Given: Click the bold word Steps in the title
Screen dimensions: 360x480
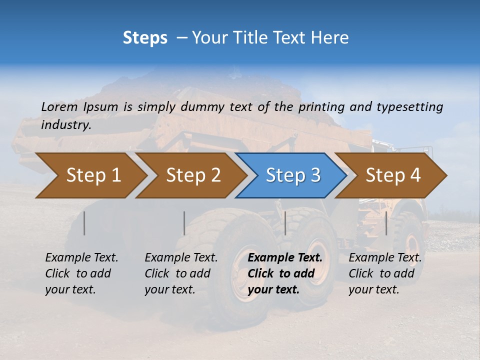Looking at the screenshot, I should coord(145,37).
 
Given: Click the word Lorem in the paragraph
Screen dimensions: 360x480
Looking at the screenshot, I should coord(59,107).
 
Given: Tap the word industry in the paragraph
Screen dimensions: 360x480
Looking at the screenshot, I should coord(65,125).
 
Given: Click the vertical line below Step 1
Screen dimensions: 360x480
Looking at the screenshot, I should coord(84,223).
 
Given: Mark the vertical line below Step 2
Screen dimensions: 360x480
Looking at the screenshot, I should coord(184,223).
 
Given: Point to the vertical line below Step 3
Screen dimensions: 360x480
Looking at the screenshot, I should coord(285,223).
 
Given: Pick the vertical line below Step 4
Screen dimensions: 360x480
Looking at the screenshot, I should coord(386,223).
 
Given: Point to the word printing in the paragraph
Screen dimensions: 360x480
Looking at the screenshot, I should coord(322,107).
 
